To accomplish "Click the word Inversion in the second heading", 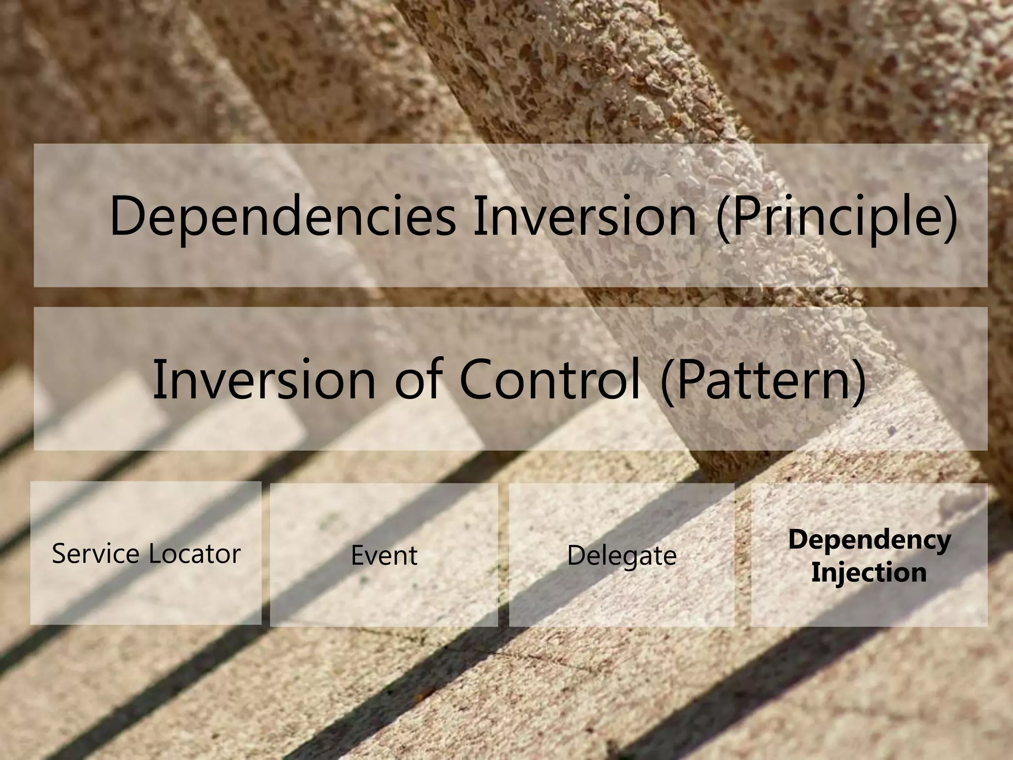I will (265, 380).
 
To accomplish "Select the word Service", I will (97, 554).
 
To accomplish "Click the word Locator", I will (194, 554).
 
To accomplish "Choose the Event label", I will (384, 556).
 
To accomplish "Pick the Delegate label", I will (621, 556).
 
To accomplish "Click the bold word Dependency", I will (869, 540).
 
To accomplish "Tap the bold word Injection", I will (869, 573).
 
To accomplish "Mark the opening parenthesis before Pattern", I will (668, 380).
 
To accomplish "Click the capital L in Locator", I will (153, 553).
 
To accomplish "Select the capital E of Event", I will (357, 555).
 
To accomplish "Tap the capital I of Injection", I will (815, 572).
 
